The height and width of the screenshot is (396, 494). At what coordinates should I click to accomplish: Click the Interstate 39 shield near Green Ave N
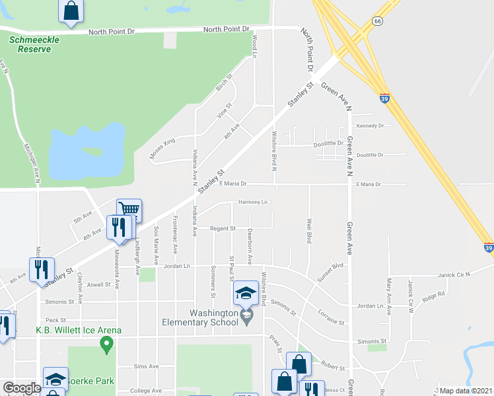click(x=384, y=98)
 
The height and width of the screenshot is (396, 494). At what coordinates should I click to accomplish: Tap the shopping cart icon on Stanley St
click(x=129, y=211)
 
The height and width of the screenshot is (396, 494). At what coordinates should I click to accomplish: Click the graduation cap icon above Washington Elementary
click(x=246, y=292)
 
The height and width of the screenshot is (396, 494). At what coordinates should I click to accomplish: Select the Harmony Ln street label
click(x=254, y=202)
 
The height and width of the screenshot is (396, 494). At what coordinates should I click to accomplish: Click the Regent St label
click(x=223, y=228)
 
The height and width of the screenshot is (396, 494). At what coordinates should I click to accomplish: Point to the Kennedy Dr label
click(x=370, y=125)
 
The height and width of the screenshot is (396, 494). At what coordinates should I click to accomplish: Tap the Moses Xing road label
click(x=162, y=150)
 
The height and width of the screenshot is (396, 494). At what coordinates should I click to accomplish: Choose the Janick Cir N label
click(x=453, y=275)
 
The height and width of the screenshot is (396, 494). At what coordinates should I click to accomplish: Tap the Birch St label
click(x=225, y=85)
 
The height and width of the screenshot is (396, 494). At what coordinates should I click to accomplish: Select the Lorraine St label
click(x=331, y=318)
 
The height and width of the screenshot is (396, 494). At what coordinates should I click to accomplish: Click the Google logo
click(x=22, y=388)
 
